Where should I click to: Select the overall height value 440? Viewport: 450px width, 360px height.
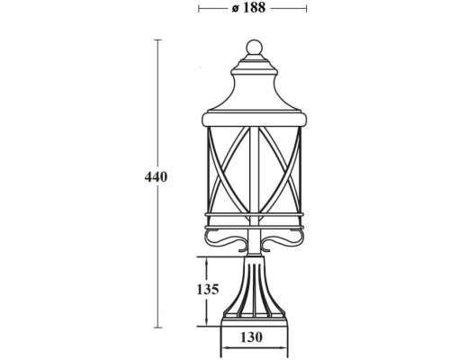[157, 176]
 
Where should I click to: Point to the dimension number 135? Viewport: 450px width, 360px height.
[208, 290]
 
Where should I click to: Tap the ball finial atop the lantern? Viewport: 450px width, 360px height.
[254, 47]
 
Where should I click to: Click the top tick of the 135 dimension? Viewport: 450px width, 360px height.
[207, 257]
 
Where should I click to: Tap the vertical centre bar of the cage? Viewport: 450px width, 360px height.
[254, 171]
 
